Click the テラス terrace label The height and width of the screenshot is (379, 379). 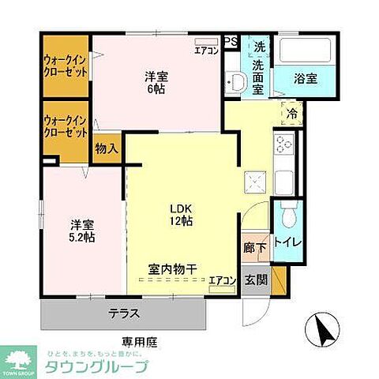coord(124,313)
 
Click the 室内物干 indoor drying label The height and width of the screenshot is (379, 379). coord(167,268)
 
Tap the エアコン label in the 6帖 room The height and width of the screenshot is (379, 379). coord(207,51)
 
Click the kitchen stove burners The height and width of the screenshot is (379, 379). coord(283,144)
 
